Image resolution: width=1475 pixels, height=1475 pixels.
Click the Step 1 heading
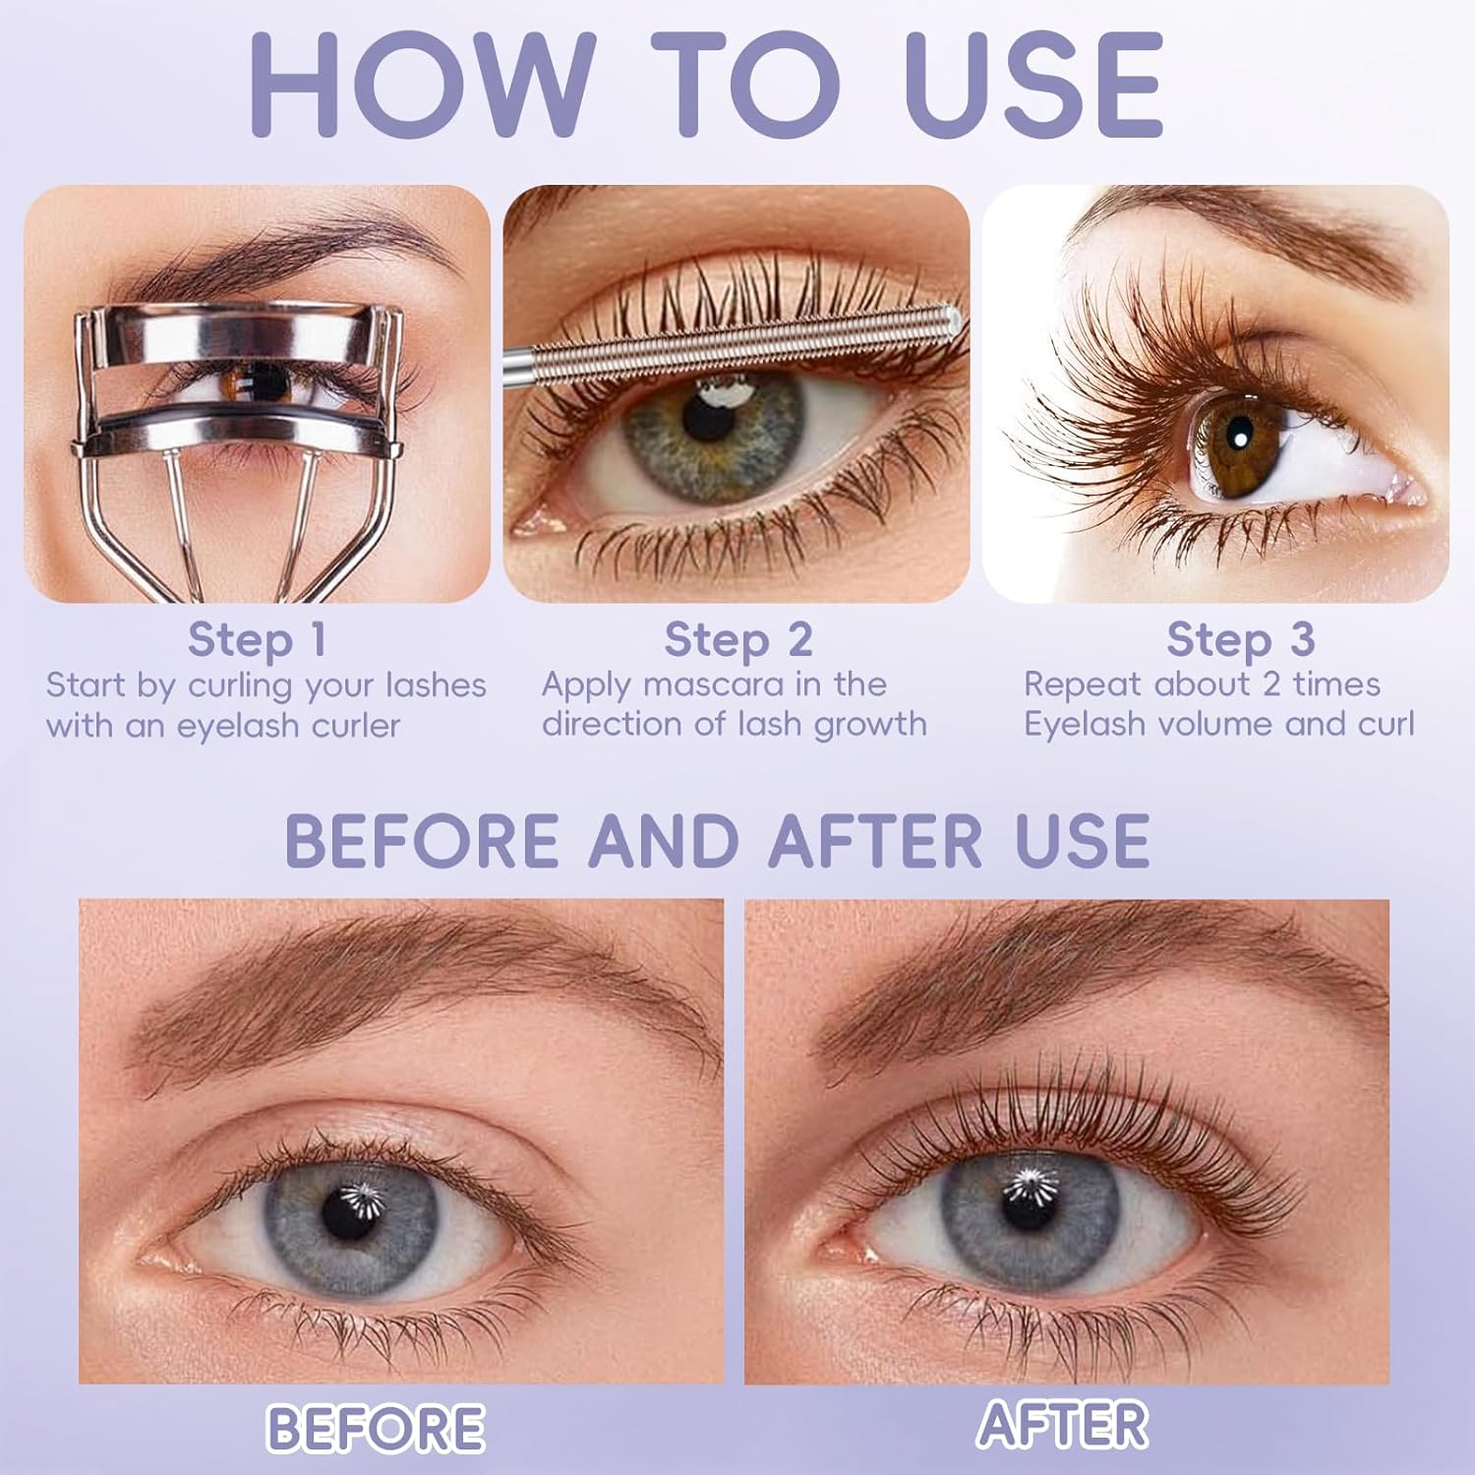coord(257,639)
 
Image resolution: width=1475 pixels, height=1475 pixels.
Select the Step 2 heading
coord(737,639)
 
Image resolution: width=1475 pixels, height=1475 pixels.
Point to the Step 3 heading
coord(1240,639)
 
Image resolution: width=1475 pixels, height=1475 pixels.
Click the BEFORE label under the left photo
coord(376,1427)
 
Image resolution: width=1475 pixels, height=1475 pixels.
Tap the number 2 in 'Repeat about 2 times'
coord(1272,683)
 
